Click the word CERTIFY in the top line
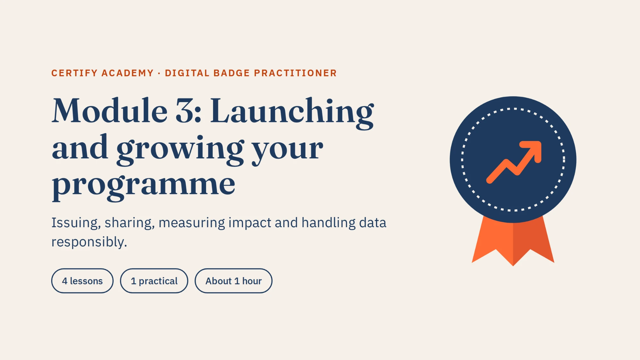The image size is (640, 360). (74, 73)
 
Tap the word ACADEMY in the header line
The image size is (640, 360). (128, 73)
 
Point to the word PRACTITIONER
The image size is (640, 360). (295, 73)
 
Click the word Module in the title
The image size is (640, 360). (110, 110)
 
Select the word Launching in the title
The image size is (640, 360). (292, 113)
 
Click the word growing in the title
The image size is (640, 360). (180, 149)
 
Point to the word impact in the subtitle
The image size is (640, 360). (250, 223)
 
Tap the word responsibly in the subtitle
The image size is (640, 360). (89, 242)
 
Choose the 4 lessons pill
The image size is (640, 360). (82, 281)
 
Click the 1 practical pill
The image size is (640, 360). (154, 281)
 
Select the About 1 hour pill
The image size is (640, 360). (234, 281)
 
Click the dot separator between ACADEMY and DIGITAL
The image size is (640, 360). (159, 73)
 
